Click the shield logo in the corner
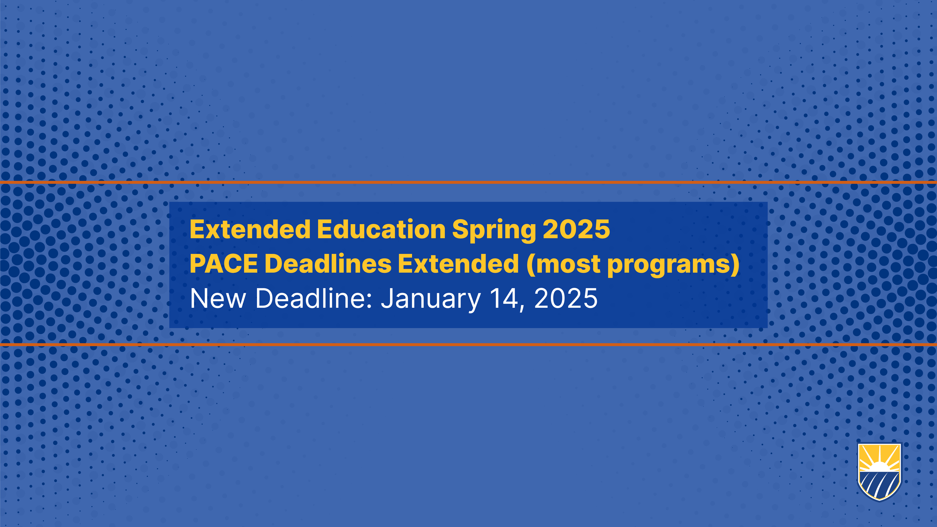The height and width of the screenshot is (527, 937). click(880, 472)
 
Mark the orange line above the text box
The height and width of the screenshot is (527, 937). click(468, 182)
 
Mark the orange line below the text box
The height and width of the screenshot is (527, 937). click(468, 344)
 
